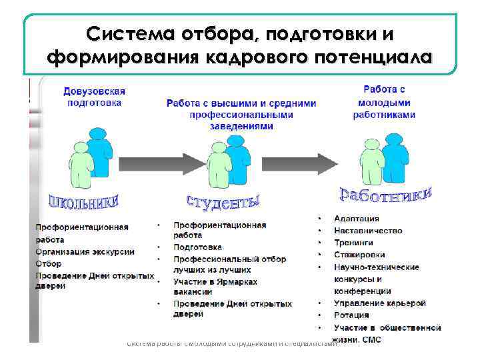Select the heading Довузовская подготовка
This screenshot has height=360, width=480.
(x=94, y=97)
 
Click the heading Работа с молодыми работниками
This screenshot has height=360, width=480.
(x=384, y=102)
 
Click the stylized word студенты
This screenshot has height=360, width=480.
(x=223, y=199)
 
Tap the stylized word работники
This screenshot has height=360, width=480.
(x=386, y=194)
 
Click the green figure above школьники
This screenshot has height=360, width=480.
(x=81, y=165)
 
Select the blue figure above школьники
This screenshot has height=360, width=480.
(x=100, y=152)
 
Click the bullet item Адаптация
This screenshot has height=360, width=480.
(x=357, y=219)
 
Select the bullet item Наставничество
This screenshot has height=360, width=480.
(x=368, y=231)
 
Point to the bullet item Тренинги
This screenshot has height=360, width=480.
(x=355, y=243)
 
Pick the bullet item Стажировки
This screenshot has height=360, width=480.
(x=359, y=255)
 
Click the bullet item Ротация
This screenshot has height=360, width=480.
(x=351, y=315)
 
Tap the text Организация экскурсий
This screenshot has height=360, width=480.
(x=85, y=251)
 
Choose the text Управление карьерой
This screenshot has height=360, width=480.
(x=379, y=303)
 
